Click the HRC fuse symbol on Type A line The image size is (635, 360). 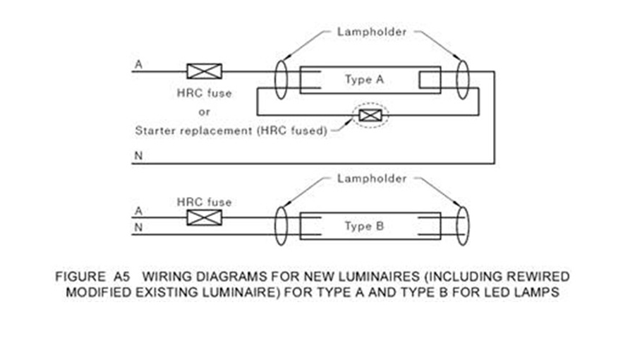coord(204,71)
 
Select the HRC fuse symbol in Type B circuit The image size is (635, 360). coord(204,217)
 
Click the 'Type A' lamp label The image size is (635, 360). coord(364,80)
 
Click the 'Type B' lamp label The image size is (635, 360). coord(363,227)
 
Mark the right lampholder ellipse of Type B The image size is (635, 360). coord(463,225)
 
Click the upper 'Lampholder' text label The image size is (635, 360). coord(371,32)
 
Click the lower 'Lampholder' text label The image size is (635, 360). coord(371,179)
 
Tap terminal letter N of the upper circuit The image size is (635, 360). coord(138,157)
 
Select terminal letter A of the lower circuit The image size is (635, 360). coord(138,211)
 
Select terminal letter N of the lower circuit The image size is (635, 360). coord(138,227)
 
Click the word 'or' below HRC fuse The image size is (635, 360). coord(203,112)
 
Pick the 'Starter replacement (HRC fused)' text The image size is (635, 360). coord(231,131)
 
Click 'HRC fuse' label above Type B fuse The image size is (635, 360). coord(204,203)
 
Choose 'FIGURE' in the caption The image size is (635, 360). coord(77,277)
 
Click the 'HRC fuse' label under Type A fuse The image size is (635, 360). coord(203,93)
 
